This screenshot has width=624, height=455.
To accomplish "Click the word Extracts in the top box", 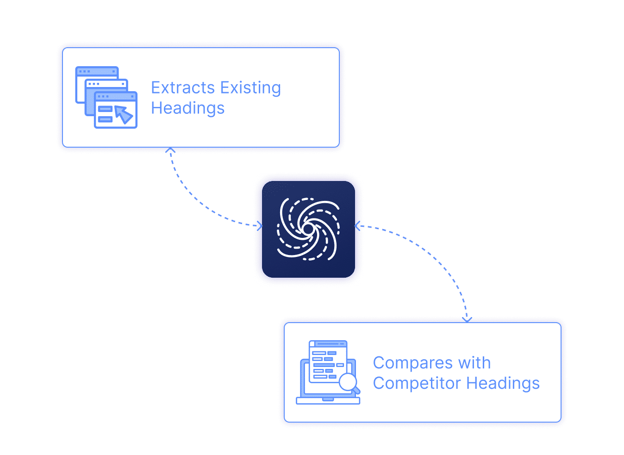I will coord(183,87).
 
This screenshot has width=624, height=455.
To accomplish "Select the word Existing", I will coord(250,87).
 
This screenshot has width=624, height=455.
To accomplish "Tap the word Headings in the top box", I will coord(187,108).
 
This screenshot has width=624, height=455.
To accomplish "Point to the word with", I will coord(474,363).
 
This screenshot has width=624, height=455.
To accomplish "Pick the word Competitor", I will coord(417,383).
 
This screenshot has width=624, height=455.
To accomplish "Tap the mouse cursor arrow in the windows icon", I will coord(123,114).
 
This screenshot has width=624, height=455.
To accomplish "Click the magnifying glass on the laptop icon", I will coord(348,382).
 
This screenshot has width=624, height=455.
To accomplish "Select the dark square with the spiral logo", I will coord(308,229).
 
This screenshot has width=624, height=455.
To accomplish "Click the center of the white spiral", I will coord(308,228).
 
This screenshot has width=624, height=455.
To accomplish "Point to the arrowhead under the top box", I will coord(170,150).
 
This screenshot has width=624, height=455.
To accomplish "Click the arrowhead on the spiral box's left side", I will coord(260,226).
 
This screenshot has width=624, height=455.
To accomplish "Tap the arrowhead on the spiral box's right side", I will coord(357,226).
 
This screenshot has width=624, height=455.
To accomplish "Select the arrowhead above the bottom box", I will coord(467,319).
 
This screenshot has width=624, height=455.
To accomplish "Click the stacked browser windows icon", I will coord(106,97).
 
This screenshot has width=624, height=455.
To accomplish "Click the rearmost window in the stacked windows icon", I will coord(97,72).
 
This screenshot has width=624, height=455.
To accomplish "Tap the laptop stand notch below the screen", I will coord(328,399).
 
